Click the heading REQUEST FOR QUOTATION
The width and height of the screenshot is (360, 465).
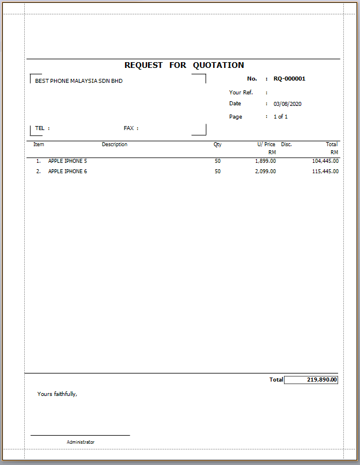point(184,66)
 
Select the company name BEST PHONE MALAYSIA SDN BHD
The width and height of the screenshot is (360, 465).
point(79,81)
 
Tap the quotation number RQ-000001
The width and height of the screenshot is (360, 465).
point(289,79)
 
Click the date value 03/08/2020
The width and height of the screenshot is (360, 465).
point(287,104)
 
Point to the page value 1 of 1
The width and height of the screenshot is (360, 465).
point(281,117)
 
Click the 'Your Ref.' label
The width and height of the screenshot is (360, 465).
point(241,92)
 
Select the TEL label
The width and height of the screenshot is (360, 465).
point(40,128)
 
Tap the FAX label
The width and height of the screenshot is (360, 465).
point(129,128)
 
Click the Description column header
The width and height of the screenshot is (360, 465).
point(115,144)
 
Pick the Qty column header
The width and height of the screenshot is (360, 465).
point(217,144)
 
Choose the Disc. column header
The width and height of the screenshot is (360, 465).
point(286,144)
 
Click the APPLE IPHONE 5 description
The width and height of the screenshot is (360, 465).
point(67,161)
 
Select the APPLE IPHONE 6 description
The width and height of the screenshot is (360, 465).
point(67,171)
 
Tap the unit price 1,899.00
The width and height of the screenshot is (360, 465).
point(265,161)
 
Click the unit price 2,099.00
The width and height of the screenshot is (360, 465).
point(265,171)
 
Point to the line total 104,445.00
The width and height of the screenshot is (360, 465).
point(325,161)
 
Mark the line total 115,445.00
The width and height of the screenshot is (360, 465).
point(325,171)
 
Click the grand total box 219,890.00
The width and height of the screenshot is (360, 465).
point(311,380)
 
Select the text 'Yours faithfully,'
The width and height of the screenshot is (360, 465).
point(57,394)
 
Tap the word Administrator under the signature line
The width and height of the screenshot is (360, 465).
point(81,442)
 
